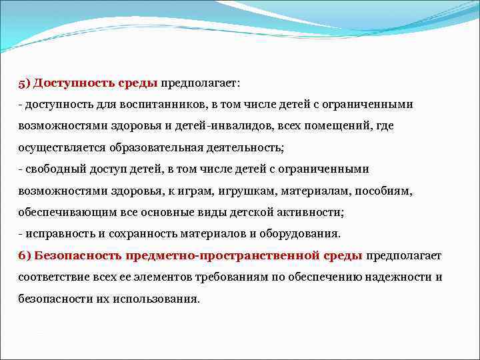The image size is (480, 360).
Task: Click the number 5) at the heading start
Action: click(x=24, y=83)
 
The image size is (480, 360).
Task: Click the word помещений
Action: click(x=346, y=126)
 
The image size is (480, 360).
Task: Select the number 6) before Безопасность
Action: click(x=25, y=255)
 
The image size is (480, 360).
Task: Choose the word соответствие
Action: click(x=51, y=277)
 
